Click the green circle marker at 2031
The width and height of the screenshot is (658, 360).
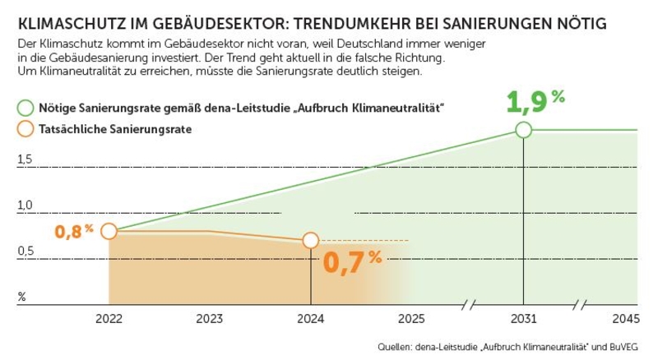pos(524,130)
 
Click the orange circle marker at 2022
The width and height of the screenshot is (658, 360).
pos(109,231)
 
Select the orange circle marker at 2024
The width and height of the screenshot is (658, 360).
pos(310,240)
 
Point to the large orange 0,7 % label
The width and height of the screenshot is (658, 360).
pos(352,261)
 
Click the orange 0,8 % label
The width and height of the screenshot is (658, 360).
pos(74,232)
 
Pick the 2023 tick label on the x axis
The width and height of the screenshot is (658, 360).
pos(209,320)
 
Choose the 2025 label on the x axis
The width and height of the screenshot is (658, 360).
pos(410,320)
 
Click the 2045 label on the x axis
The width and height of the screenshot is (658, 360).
pos(624,320)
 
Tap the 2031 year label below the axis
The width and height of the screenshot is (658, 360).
pos(524,320)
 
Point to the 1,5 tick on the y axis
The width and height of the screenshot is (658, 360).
pos(25,159)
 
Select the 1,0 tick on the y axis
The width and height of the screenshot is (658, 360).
pos(25,205)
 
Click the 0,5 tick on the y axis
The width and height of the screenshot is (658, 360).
pos(25,251)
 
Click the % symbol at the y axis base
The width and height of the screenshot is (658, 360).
pos(22,296)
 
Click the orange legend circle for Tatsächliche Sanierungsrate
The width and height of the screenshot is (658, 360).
pos(25,129)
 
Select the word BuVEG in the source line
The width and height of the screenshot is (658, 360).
pos(622,347)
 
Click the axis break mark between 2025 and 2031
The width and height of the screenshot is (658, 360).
pos(468,305)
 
